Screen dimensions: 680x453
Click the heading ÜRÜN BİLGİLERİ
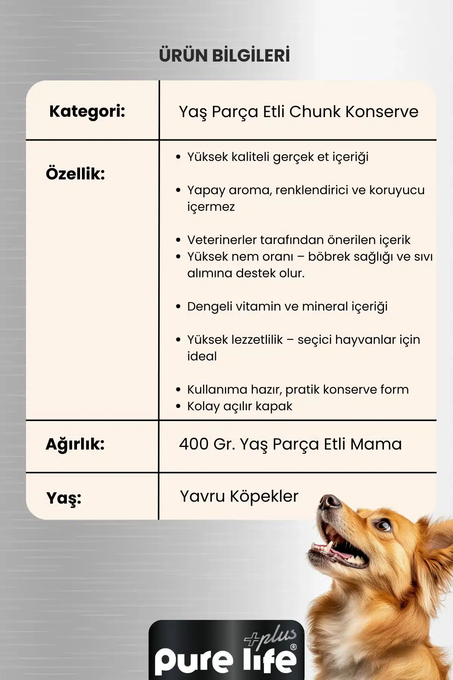click(224, 55)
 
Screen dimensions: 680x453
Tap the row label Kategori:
click(87, 111)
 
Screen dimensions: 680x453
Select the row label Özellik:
click(75, 174)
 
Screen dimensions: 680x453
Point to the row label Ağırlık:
click(75, 444)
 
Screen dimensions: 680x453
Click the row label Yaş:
click(64, 498)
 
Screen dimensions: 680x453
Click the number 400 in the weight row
click(194, 444)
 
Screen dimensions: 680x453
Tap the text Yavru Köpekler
click(239, 496)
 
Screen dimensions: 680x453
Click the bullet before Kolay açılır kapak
click(179, 406)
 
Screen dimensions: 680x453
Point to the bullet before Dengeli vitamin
click(179, 306)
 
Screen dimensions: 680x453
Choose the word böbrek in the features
click(329, 257)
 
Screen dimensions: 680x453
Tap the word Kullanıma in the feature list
click(217, 389)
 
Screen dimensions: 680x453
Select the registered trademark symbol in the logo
click(294, 647)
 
